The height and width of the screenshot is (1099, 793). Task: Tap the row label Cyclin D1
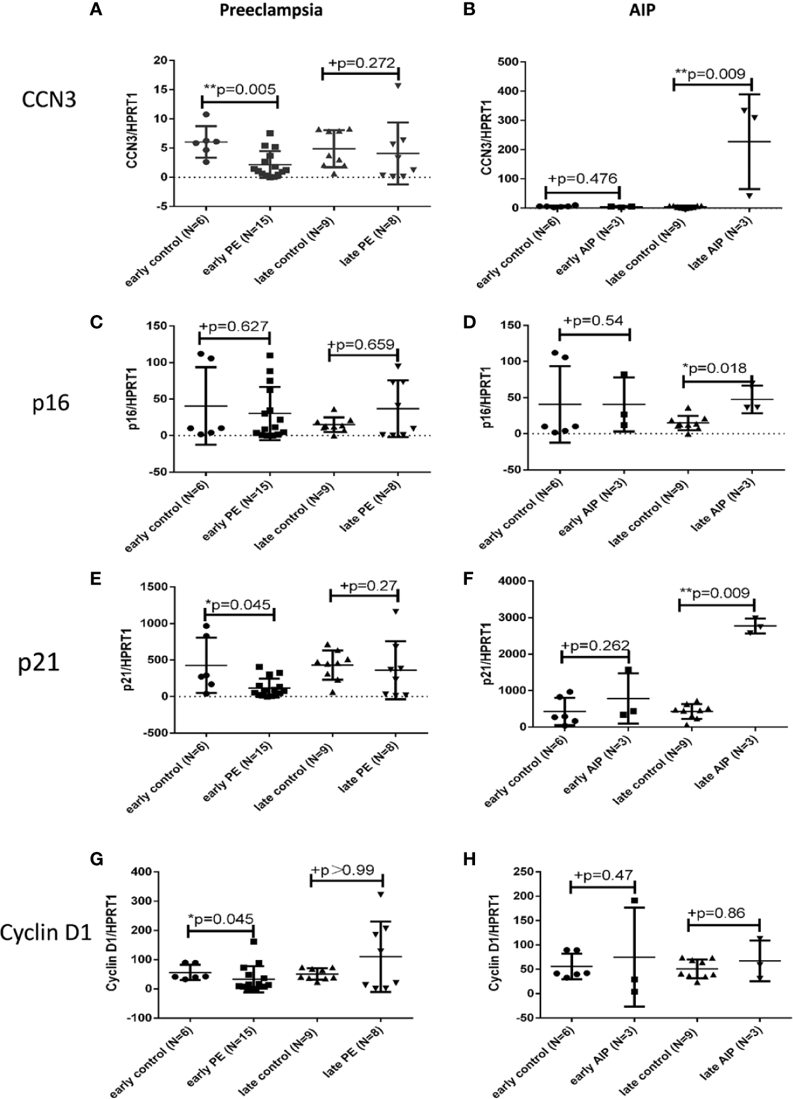[x=46, y=932]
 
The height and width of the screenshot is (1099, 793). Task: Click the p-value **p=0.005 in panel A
[x=240, y=89]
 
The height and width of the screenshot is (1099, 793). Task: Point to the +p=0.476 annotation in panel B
[x=584, y=179]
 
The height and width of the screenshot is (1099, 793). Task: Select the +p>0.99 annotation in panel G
[x=343, y=870]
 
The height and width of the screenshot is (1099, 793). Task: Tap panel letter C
[x=97, y=323]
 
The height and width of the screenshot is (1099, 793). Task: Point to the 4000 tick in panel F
[x=488, y=581]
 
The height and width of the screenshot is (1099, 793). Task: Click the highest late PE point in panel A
[x=398, y=86]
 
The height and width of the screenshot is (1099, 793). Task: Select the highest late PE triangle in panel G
[x=380, y=895]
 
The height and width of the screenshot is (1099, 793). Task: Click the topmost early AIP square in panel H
[x=635, y=902]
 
